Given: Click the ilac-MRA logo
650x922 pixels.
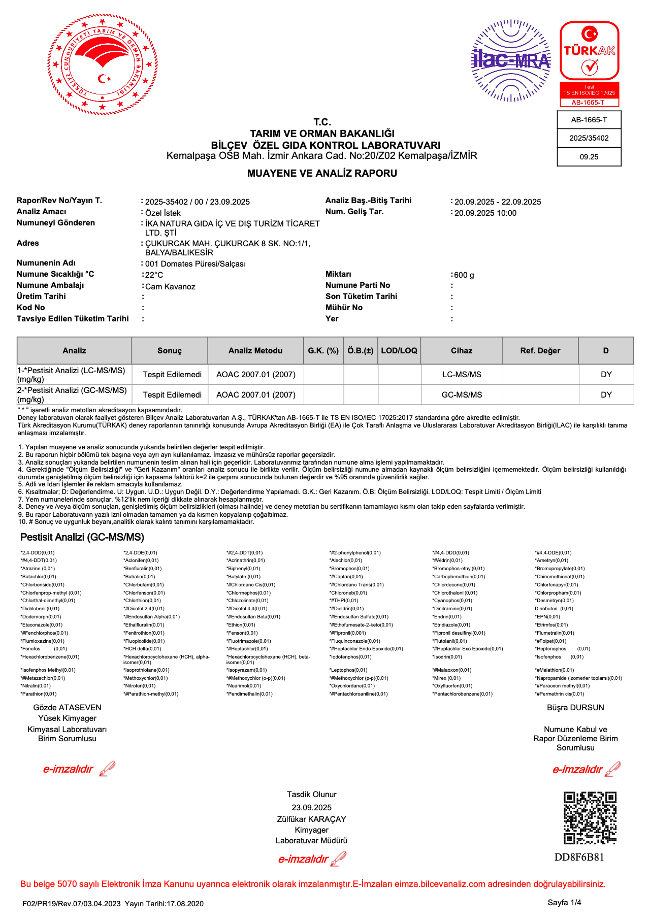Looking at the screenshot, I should tap(511, 60).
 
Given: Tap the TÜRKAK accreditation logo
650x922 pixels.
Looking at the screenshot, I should tap(589, 63).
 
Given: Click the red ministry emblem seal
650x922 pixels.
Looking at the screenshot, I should tap(103, 64).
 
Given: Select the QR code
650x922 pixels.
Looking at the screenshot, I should tap(590, 818).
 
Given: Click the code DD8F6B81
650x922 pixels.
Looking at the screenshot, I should tap(579, 858).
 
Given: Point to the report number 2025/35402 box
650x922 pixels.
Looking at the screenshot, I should tap(589, 138).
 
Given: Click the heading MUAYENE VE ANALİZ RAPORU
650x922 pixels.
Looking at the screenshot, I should tap(322, 173).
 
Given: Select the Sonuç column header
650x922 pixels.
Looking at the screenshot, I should tap(170, 351).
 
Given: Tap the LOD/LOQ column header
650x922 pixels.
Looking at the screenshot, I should tap(399, 351).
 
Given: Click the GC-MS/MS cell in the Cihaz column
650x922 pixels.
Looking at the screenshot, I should tap(462, 394).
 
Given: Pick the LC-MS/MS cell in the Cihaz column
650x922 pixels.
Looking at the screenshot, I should tap(462, 374).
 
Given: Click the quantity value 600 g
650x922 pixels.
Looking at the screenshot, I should tap(464, 275).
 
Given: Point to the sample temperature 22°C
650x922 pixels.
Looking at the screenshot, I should tap(154, 275).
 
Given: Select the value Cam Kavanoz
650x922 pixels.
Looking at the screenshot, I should tap(170, 287).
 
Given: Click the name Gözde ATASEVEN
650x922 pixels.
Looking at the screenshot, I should tap(68, 708).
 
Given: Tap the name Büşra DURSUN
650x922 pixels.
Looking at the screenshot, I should tap(575, 708).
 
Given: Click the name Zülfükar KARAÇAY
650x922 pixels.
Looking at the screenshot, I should tap(311, 819).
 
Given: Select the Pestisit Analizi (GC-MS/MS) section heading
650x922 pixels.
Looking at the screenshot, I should tap(82, 537).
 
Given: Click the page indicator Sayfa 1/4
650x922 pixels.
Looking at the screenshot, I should tap(564, 902).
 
